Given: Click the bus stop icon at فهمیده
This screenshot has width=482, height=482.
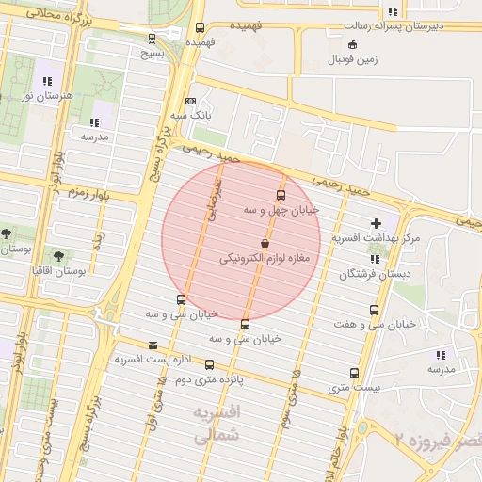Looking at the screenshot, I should [200, 27].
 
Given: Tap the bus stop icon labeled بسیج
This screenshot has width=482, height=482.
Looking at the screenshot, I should [153, 39].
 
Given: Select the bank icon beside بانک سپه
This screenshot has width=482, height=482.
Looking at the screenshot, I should [191, 101].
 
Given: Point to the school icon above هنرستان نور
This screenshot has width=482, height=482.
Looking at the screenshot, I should [47, 82].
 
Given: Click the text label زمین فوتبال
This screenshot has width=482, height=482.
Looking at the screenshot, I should [352, 59].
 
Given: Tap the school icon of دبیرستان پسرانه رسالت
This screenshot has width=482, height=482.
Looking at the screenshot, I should [392, 12].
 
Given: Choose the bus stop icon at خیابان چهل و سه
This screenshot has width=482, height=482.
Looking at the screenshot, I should [281, 195].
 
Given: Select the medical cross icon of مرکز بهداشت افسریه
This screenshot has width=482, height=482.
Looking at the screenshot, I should [377, 223].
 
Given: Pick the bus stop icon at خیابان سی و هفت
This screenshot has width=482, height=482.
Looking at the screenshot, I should [375, 310].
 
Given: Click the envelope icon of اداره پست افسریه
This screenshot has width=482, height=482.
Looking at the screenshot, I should [153, 345].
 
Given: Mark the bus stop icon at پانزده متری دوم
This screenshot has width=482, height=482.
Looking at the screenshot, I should [209, 364].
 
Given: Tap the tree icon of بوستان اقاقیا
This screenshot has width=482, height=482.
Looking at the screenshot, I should [59, 255].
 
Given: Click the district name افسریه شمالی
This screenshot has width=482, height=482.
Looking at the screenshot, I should [217, 425].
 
